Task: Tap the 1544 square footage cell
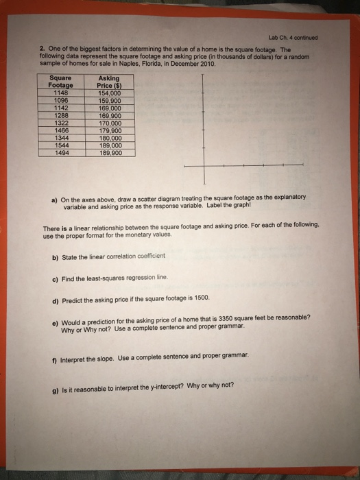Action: click(60, 146)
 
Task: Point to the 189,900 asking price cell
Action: click(110, 154)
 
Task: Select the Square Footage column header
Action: click(60, 82)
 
